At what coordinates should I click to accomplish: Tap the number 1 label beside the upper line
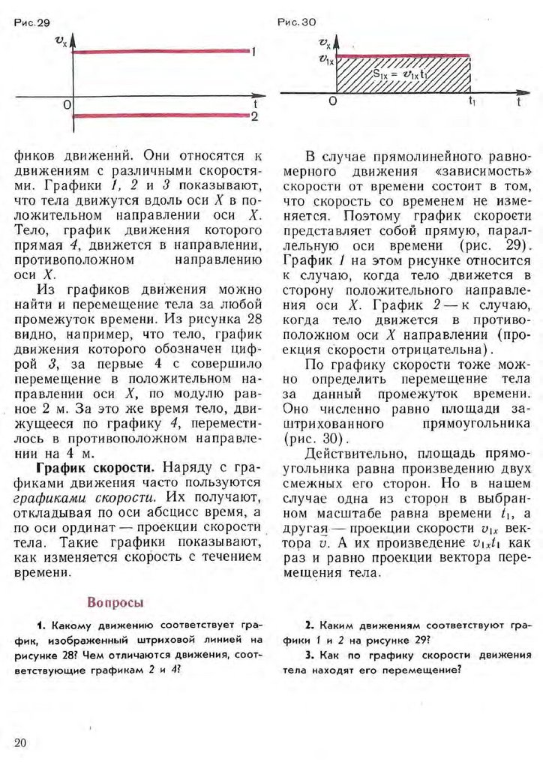click(x=256, y=52)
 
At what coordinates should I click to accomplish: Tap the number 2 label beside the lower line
click(x=256, y=118)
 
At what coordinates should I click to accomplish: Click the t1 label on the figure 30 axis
click(x=471, y=101)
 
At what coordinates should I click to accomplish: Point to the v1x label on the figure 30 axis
click(x=325, y=58)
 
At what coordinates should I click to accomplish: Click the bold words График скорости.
click(x=92, y=465)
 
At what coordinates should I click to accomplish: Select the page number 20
click(x=20, y=742)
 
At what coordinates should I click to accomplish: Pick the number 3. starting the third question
click(x=308, y=655)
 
